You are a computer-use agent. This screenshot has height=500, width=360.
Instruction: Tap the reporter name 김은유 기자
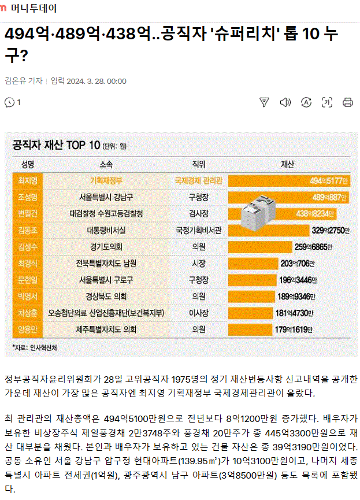click(x=24, y=81)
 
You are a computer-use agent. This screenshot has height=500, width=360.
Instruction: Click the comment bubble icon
click(x=9, y=102)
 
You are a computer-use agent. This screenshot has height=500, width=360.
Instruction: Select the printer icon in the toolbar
click(x=348, y=102)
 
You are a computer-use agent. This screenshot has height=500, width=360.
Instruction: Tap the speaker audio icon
click(x=285, y=102)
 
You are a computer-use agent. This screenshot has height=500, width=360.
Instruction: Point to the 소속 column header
click(x=106, y=164)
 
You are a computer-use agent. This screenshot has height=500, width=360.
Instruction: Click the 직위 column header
click(x=198, y=164)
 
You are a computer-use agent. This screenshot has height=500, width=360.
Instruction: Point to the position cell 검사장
click(x=198, y=213)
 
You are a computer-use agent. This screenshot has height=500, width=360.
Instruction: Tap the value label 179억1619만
click(x=294, y=330)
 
